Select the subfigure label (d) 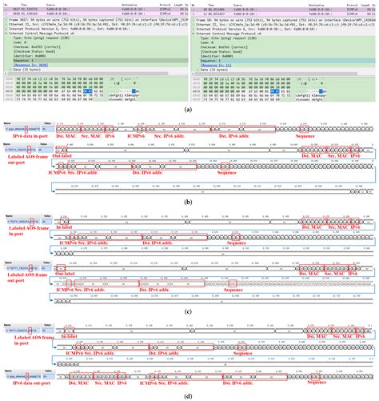tap(189, 395)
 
